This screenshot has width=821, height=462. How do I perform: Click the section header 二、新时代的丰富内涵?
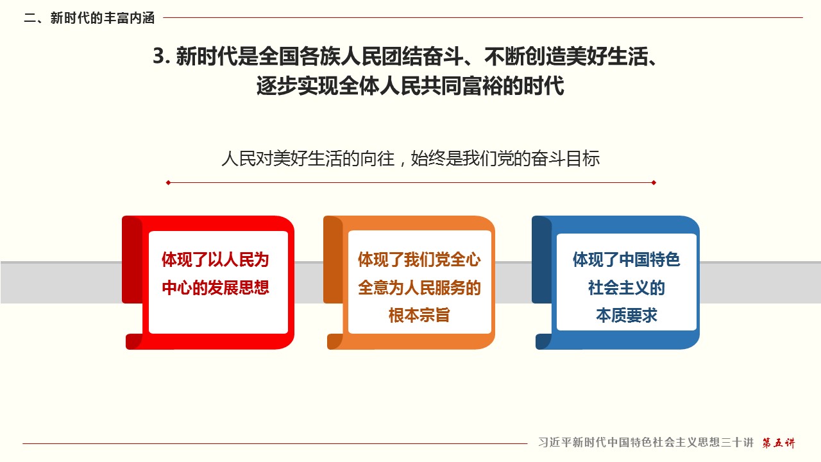[89, 18]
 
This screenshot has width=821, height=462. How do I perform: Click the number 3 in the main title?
[158, 56]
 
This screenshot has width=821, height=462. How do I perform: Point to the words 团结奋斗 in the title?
[422, 56]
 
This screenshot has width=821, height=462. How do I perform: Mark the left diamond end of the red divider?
[168, 183]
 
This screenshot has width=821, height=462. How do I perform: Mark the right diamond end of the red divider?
[654, 183]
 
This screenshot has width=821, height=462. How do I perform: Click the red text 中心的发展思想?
[216, 287]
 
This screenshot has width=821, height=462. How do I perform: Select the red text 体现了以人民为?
[216, 260]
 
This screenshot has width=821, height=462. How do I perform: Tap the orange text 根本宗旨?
[419, 315]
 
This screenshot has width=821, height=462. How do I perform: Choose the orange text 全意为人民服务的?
[419, 287]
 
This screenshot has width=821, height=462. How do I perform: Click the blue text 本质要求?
[627, 315]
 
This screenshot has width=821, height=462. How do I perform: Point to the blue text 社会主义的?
[627, 287]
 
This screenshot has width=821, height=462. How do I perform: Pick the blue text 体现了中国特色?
[627, 260]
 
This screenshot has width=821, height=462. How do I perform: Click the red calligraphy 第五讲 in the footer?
[779, 443]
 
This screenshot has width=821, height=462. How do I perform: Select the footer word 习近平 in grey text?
[555, 443]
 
